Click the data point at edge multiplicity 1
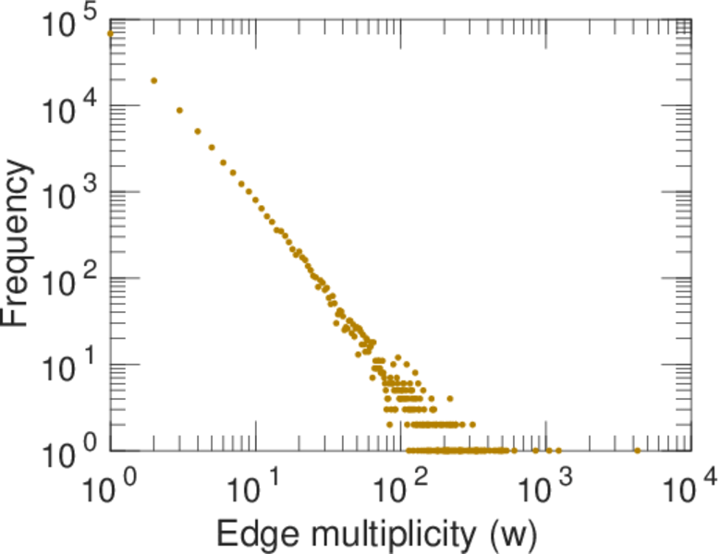point(110,33)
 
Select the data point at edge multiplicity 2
point(153,80)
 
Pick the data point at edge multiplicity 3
point(179,110)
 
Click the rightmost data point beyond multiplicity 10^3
point(637,451)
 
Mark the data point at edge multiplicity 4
point(198,131)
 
